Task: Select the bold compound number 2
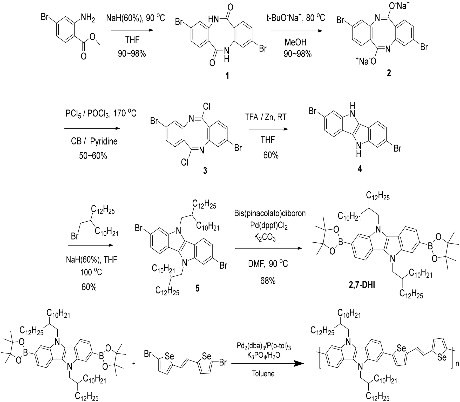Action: pyautogui.click(x=389, y=73)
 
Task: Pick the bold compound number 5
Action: pyautogui.click(x=197, y=288)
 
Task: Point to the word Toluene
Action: pyautogui.click(x=263, y=373)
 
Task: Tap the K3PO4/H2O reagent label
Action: pyautogui.click(x=263, y=355)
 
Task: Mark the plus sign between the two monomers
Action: pyautogui.click(x=134, y=364)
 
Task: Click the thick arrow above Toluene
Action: pyautogui.click(x=267, y=364)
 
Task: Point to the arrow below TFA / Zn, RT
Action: pyautogui.click(x=268, y=129)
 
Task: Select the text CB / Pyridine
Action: pyautogui.click(x=94, y=141)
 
